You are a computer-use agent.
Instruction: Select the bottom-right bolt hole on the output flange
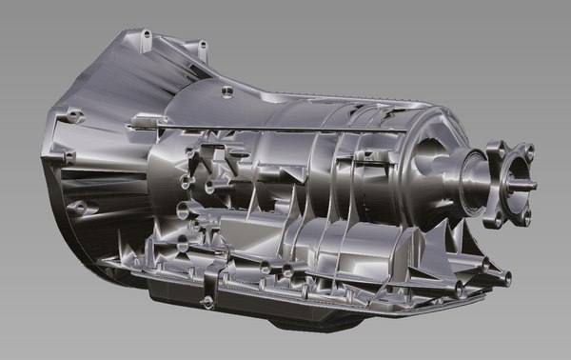[524, 216]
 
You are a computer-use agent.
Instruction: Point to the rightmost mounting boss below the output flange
[505, 279]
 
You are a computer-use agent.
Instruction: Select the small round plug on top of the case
[226, 91]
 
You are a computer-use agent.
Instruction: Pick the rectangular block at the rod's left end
[143, 120]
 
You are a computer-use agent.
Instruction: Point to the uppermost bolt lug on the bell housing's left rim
[69, 116]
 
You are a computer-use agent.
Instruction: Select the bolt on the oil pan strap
[207, 302]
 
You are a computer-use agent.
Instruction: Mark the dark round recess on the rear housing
[426, 152]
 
